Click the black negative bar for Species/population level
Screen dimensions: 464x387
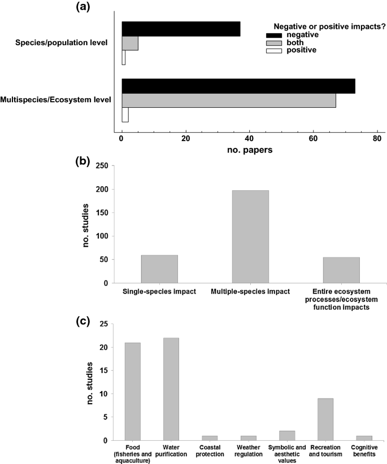coord(181,29)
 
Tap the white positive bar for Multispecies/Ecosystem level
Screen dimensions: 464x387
coord(125,115)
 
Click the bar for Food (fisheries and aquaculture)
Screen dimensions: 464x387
coord(132,391)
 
